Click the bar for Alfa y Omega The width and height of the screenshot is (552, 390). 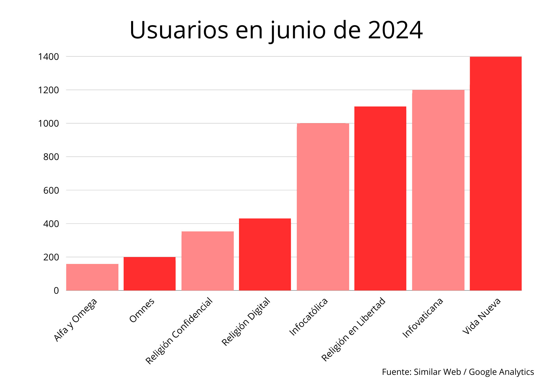coord(92,277)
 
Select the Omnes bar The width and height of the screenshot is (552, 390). coord(150,274)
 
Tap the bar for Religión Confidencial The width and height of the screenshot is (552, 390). coord(208,261)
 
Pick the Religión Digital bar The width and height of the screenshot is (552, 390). coord(265,254)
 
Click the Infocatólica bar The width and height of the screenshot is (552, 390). coord(323,207)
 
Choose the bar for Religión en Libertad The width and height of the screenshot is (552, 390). coord(380,198)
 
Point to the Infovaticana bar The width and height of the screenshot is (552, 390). coord(438,190)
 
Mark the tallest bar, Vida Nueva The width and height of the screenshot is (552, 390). coord(496,173)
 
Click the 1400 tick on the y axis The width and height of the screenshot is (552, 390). coord(49,57)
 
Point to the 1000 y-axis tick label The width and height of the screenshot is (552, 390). coord(49,124)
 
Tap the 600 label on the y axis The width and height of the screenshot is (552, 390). coord(51,190)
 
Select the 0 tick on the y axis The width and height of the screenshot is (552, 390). coord(56,290)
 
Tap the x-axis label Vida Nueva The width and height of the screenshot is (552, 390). coord(482,316)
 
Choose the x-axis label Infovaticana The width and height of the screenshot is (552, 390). coord(423,317)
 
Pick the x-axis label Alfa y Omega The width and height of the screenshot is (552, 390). coord(75,320)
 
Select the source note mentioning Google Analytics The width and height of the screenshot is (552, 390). coord(458,372)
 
